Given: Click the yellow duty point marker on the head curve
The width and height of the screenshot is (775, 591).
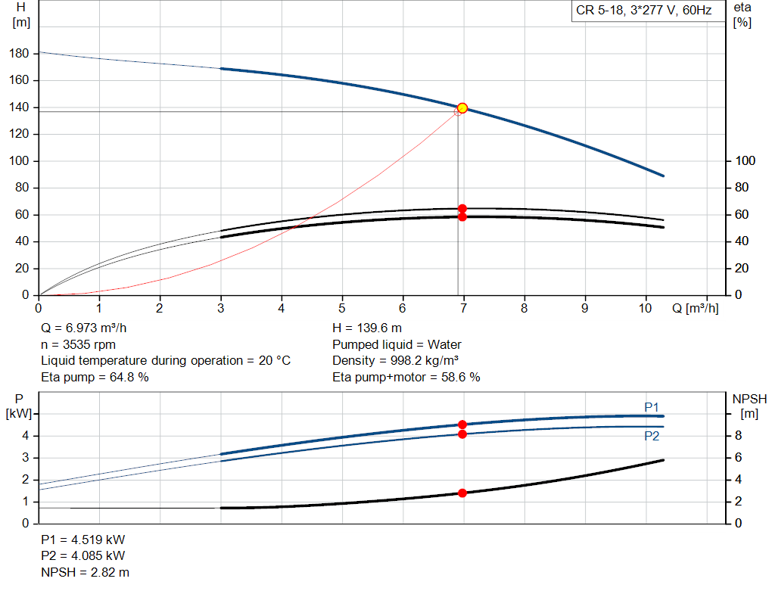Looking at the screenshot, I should coord(462,108).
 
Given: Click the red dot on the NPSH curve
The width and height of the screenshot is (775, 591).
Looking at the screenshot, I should coord(462,493).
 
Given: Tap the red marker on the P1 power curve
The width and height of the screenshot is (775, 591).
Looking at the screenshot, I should coord(462,425).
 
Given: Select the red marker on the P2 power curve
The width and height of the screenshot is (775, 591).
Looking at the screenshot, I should coord(462,434).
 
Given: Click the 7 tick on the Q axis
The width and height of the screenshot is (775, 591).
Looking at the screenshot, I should coord(463,309).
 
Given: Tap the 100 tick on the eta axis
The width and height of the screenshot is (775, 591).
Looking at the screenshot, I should coord(745,161).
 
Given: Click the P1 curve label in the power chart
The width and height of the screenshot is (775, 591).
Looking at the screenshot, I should coord(652,407).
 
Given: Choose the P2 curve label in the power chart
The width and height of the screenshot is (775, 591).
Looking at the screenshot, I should coord(652,436).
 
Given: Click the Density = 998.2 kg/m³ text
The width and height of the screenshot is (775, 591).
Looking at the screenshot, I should coord(396,360).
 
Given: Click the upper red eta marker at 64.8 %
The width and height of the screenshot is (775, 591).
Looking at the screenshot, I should coord(462,208).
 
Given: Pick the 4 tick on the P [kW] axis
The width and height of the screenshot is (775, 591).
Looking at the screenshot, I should coord(25,436).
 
